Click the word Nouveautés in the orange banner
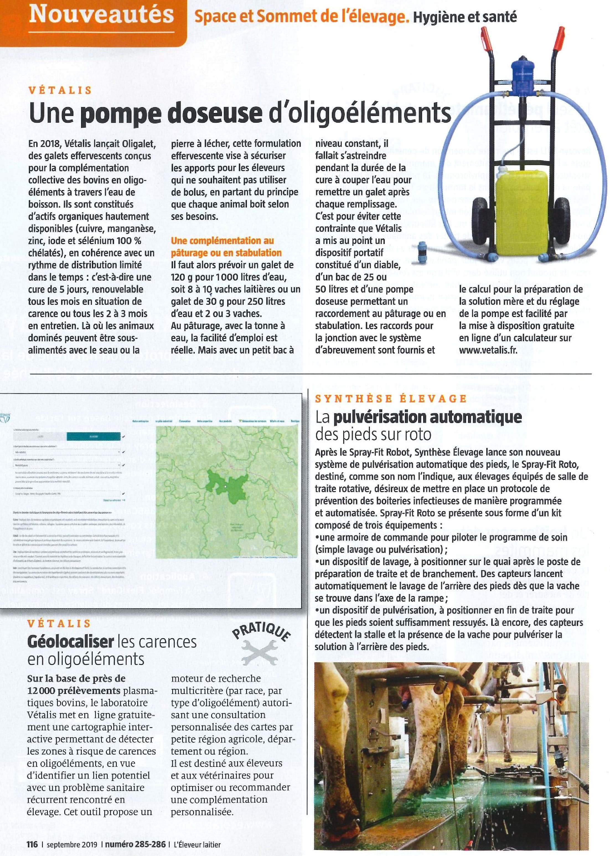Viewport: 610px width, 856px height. tap(101, 15)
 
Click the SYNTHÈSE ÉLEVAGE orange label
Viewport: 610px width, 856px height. tap(391, 398)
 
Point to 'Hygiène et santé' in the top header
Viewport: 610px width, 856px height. tap(465, 17)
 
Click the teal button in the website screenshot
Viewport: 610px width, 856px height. tap(94, 437)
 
